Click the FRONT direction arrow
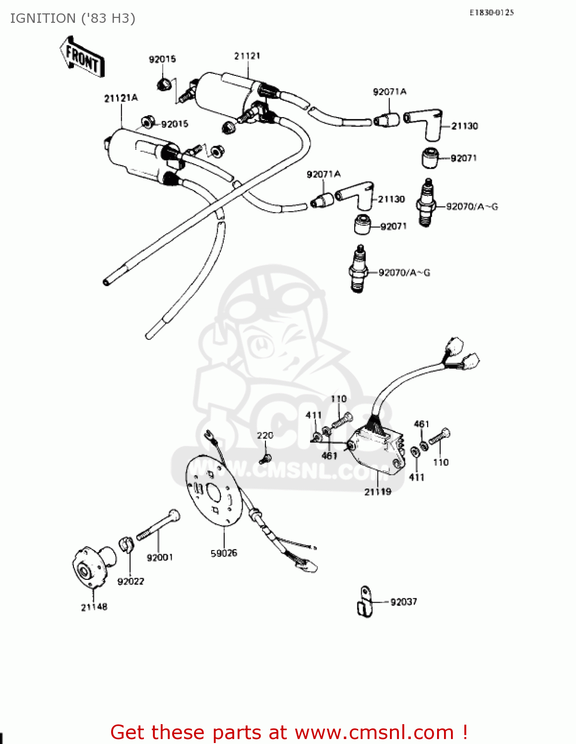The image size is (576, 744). (82, 57)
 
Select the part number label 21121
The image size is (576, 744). (247, 56)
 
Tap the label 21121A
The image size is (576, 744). (121, 98)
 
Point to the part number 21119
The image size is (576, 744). (378, 492)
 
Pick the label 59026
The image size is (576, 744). (224, 553)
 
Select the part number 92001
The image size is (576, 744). (160, 558)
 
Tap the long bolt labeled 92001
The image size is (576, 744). (158, 525)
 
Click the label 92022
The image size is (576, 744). (130, 581)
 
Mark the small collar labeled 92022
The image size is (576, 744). (127, 544)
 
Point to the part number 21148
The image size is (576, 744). (94, 607)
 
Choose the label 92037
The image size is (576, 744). (403, 602)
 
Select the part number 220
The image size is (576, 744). (265, 435)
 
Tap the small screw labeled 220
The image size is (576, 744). (266, 459)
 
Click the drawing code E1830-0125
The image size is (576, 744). (492, 12)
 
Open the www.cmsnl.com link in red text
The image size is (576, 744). (374, 732)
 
